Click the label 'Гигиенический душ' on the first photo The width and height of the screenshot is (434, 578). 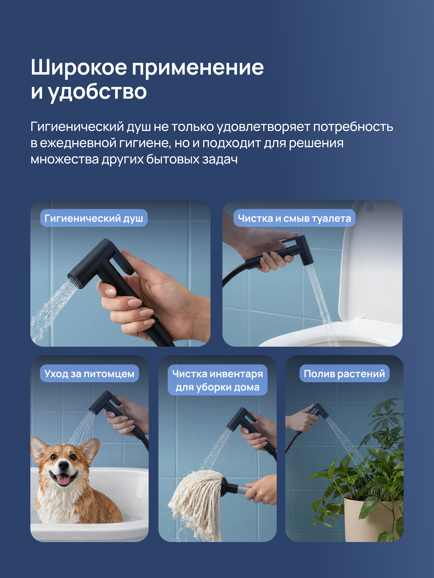coord(94,218)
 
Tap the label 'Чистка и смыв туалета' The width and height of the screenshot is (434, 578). coord(294,218)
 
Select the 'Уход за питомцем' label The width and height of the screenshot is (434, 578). coord(89,373)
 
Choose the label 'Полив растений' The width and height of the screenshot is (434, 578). coord(344,373)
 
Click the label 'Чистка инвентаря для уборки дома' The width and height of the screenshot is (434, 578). coord(217,380)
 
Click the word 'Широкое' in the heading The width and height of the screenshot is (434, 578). coord(79,67)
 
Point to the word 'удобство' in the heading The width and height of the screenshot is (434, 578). coord(97,92)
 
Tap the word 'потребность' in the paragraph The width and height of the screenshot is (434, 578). coord(353,127)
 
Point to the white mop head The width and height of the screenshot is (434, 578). coord(196,503)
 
